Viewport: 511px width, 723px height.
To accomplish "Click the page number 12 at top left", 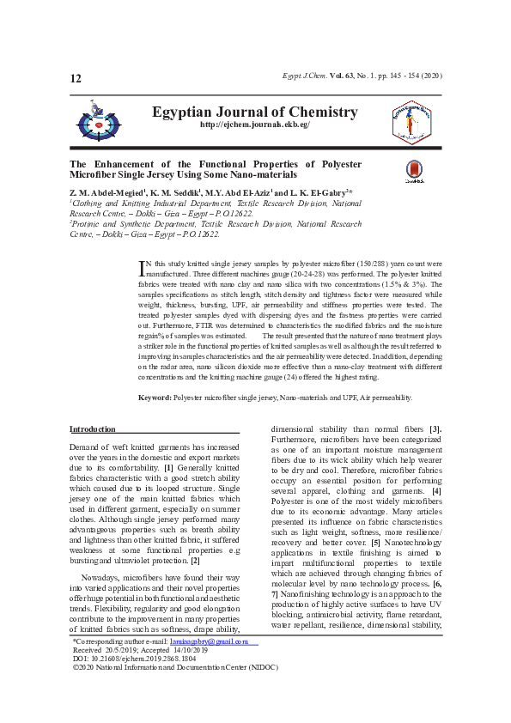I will (76, 79).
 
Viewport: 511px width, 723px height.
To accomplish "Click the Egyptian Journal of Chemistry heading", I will (254, 112).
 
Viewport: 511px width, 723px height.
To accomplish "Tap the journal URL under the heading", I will (254, 125).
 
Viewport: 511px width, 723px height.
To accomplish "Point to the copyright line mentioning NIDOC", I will (158, 666).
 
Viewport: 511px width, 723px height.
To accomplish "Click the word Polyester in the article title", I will (338, 164).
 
